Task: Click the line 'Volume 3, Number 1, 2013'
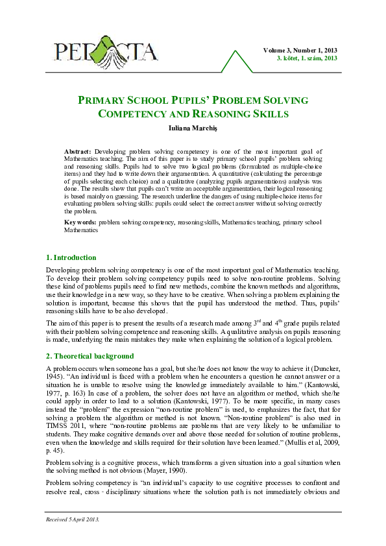[x=300, y=50]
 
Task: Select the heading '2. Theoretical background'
[x=90, y=356]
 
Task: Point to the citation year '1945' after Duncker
[x=53, y=377]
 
